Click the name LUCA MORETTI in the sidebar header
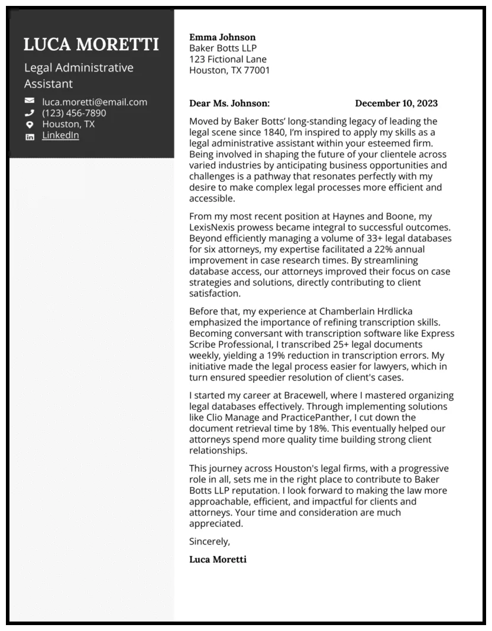tap(91, 44)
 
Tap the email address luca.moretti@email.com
tap(95, 102)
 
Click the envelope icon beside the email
tap(30, 102)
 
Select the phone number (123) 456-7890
tap(74, 113)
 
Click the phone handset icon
tap(30, 113)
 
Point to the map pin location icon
tap(30, 125)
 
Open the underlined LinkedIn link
tap(60, 135)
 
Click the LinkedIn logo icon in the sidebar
tap(30, 136)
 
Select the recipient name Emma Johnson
tap(222, 37)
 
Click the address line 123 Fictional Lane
tap(228, 59)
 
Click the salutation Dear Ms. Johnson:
tap(229, 103)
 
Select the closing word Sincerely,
tap(209, 541)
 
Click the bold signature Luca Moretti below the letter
tap(218, 559)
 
